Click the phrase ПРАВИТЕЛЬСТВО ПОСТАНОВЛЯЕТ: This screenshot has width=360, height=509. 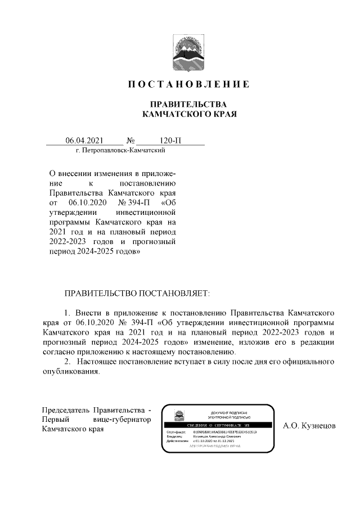[x=137, y=294]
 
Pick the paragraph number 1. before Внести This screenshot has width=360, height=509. [x=67, y=310]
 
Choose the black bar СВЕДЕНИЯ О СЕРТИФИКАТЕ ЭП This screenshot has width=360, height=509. [x=217, y=426]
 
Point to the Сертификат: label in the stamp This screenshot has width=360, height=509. [x=176, y=432]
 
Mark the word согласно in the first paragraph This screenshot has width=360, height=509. [x=59, y=352]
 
